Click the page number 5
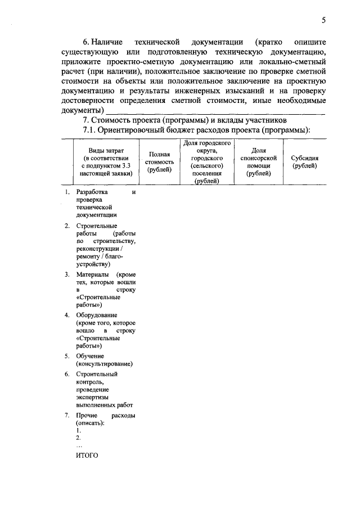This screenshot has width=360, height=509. pos(323,21)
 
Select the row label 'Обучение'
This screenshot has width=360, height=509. pos(89,357)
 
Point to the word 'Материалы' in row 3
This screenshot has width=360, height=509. pos(92,274)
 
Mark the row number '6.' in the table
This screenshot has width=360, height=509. pos(66,373)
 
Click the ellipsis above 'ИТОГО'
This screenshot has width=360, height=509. pos(79,445)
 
